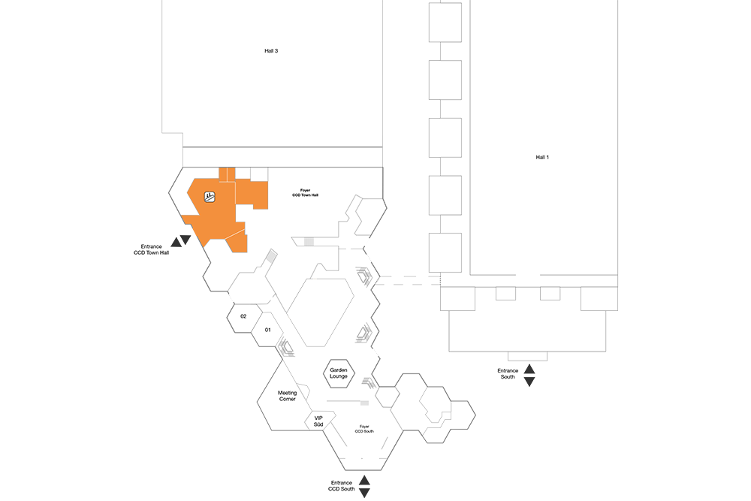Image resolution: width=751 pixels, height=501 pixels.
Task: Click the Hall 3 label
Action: (271, 51)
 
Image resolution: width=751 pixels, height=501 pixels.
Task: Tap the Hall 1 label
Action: (542, 157)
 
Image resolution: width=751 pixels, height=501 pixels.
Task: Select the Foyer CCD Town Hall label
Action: (305, 192)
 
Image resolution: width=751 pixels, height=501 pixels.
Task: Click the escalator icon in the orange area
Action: (210, 196)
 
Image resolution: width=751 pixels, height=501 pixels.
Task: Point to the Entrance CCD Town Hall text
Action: (152, 249)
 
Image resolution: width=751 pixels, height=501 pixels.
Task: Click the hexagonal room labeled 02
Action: (244, 318)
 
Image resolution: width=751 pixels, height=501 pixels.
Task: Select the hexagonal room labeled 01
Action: (268, 330)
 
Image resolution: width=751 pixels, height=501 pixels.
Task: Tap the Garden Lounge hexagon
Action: (339, 373)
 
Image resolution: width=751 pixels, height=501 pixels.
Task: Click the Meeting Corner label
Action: (288, 396)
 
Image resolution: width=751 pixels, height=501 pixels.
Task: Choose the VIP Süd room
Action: (319, 421)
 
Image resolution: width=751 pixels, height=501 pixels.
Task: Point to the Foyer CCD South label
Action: (364, 429)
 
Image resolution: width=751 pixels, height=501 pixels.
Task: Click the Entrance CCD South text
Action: (342, 486)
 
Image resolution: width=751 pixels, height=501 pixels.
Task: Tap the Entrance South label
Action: (508, 373)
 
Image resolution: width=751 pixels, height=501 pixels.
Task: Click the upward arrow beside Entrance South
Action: (529, 369)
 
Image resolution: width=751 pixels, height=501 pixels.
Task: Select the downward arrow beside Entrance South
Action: (529, 382)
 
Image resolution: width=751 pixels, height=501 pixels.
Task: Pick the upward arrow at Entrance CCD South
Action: (364, 481)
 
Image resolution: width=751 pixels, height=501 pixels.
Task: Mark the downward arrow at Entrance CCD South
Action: (364, 493)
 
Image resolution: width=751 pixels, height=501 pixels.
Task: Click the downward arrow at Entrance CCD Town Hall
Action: (185, 240)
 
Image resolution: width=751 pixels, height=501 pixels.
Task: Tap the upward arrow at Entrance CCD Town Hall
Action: (176, 243)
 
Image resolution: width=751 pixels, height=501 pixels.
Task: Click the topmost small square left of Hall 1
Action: (445, 22)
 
